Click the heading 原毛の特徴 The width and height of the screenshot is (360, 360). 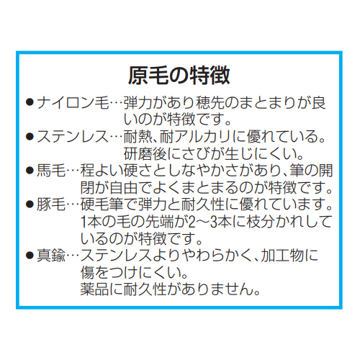point(179,76)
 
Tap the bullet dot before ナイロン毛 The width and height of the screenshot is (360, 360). point(30,103)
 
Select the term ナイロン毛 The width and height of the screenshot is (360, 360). point(73,103)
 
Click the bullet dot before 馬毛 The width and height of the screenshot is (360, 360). point(30,171)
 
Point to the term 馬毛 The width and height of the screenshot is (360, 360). point(51,171)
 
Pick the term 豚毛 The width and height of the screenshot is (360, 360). point(51,204)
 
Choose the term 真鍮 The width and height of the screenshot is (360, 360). point(51,256)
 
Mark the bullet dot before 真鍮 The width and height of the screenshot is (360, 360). point(30,256)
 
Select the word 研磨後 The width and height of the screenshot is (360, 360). point(145,154)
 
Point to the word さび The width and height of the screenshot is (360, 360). point(196,154)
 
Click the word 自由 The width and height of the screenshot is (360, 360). point(124,188)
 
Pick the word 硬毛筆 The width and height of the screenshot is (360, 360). point(102,204)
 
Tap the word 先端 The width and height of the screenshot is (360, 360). point(160,222)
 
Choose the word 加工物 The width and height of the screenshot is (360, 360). point(282,256)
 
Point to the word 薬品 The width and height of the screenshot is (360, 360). point(95,289)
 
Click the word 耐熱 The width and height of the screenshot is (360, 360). point(138,137)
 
